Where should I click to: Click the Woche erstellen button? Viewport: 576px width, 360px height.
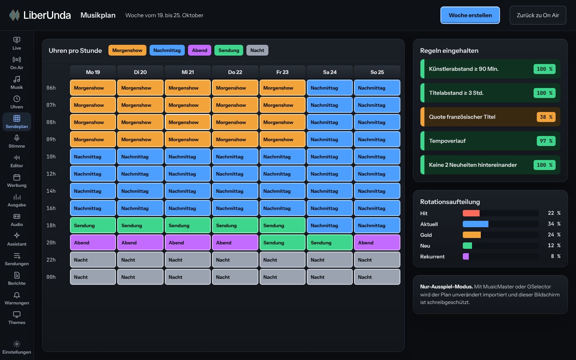tap(470, 15)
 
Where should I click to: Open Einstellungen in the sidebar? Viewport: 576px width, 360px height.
tap(17, 347)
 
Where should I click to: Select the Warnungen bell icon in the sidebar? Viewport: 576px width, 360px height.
tap(17, 295)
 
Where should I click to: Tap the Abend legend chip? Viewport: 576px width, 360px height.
tap(199, 50)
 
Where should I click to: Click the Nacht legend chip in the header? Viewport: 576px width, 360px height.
tap(257, 50)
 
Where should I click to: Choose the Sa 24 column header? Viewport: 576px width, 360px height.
tap(330, 72)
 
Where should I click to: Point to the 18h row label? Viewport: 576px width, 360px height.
tap(51, 226)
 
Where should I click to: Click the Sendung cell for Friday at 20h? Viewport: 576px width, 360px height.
tap(282, 242)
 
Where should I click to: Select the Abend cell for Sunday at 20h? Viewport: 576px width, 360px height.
tap(377, 242)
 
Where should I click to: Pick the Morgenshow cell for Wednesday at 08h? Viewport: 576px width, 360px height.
tap(188, 122)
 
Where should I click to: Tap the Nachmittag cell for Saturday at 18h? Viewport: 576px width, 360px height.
tap(330, 225)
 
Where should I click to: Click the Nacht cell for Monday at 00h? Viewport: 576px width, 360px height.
tap(93, 277)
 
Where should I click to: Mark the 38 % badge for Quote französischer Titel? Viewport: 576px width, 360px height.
tap(546, 117)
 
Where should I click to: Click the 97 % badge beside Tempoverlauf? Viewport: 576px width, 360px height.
tap(546, 141)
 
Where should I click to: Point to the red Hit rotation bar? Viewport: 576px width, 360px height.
tap(471, 213)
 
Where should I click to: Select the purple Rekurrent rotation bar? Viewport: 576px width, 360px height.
tap(466, 256)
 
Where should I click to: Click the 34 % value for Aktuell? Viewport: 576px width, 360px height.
tap(554, 224)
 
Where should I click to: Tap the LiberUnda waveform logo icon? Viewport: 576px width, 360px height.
tap(14, 15)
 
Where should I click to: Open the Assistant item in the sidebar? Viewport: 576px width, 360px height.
tap(17, 239)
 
